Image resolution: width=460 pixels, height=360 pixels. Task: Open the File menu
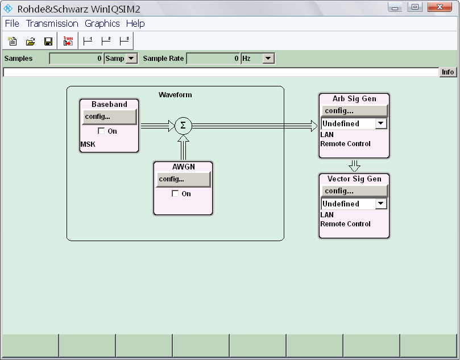pyautogui.click(x=12, y=23)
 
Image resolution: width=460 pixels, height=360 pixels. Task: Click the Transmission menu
pyautogui.click(x=52, y=23)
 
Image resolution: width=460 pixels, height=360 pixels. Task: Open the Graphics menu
pyautogui.click(x=102, y=23)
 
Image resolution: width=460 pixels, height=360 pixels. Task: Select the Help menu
pyautogui.click(x=135, y=23)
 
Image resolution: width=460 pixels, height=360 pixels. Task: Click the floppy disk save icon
pyautogui.click(x=48, y=42)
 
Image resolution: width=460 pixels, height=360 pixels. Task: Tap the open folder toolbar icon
pyautogui.click(x=30, y=42)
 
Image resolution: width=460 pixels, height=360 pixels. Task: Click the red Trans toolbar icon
pyautogui.click(x=68, y=41)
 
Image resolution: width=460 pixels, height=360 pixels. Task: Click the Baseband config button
pyautogui.click(x=109, y=117)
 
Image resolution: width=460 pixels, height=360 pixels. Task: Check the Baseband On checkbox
pyautogui.click(x=101, y=131)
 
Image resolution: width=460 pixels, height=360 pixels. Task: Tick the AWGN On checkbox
pyautogui.click(x=175, y=193)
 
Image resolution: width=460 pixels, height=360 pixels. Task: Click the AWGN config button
pyautogui.click(x=183, y=179)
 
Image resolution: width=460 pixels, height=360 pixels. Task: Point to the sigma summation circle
pyautogui.click(x=183, y=126)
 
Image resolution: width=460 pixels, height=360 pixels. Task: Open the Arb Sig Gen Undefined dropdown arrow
pyautogui.click(x=381, y=123)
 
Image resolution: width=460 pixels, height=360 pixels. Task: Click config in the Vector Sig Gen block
pyautogui.click(x=354, y=191)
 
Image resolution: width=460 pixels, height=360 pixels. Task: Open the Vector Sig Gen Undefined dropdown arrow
pyautogui.click(x=381, y=204)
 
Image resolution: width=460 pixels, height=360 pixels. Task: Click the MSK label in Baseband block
pyautogui.click(x=88, y=144)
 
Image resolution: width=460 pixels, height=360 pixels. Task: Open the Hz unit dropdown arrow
pyautogui.click(x=268, y=59)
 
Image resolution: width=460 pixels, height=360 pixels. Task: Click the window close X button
pyautogui.click(x=440, y=7)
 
